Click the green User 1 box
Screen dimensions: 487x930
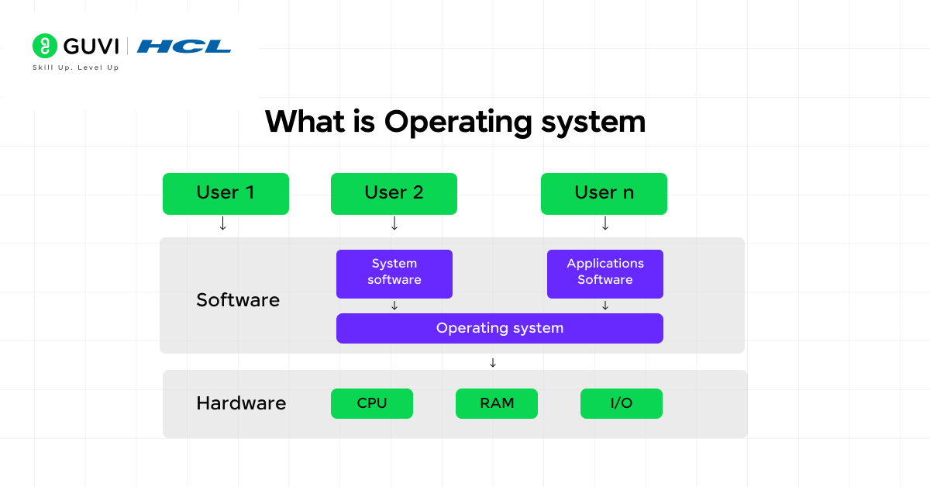point(226,193)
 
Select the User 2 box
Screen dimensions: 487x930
point(394,193)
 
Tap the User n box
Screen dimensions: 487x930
point(604,193)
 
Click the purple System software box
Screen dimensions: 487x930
point(394,273)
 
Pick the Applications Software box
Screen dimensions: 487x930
point(604,273)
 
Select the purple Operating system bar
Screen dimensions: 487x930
point(499,328)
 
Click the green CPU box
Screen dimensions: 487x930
point(371,403)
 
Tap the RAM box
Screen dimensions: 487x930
point(496,403)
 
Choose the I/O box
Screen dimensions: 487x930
point(621,403)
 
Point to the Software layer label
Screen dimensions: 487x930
point(238,300)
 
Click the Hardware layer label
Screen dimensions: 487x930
point(241,403)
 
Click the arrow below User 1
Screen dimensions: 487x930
point(223,223)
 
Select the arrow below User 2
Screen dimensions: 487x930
point(394,223)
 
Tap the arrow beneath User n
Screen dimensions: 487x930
point(605,223)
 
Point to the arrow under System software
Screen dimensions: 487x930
point(394,306)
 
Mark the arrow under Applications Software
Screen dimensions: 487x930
point(605,306)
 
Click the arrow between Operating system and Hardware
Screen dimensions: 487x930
point(492,362)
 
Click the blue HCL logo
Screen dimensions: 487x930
point(184,47)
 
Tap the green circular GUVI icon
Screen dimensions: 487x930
point(45,46)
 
